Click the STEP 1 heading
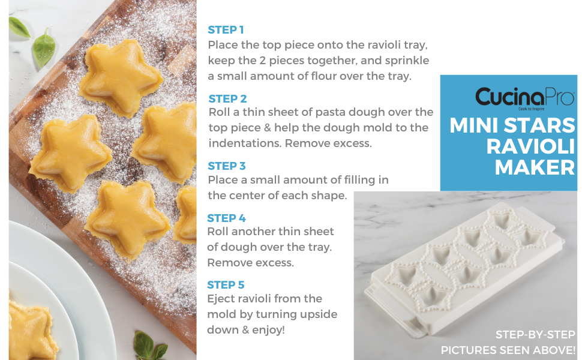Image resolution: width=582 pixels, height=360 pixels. point(226,29)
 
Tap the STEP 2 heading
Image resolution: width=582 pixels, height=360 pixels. point(227,99)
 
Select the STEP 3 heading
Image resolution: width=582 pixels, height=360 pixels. point(227,166)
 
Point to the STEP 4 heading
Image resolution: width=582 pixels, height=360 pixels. point(226,218)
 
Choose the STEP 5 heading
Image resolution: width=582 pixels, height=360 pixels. point(226,285)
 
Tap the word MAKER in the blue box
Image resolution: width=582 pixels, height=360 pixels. point(535,167)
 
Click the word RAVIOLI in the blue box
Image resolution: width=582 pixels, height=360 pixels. point(530,146)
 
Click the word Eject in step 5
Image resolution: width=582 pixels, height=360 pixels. point(221,299)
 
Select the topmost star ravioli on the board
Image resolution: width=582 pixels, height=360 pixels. point(124,77)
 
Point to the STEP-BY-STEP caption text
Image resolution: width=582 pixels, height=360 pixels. point(535,335)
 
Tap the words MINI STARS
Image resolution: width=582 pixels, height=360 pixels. point(512,125)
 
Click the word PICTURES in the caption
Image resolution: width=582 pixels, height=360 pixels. point(472,350)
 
